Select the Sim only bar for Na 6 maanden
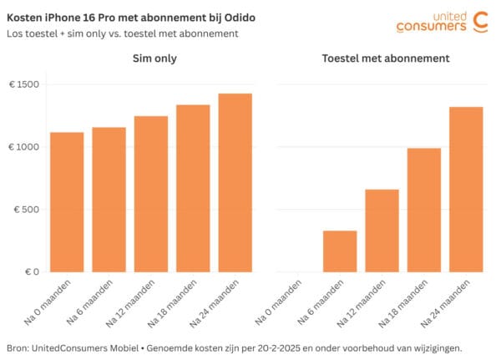click(109, 200)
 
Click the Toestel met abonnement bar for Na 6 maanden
click(340, 251)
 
